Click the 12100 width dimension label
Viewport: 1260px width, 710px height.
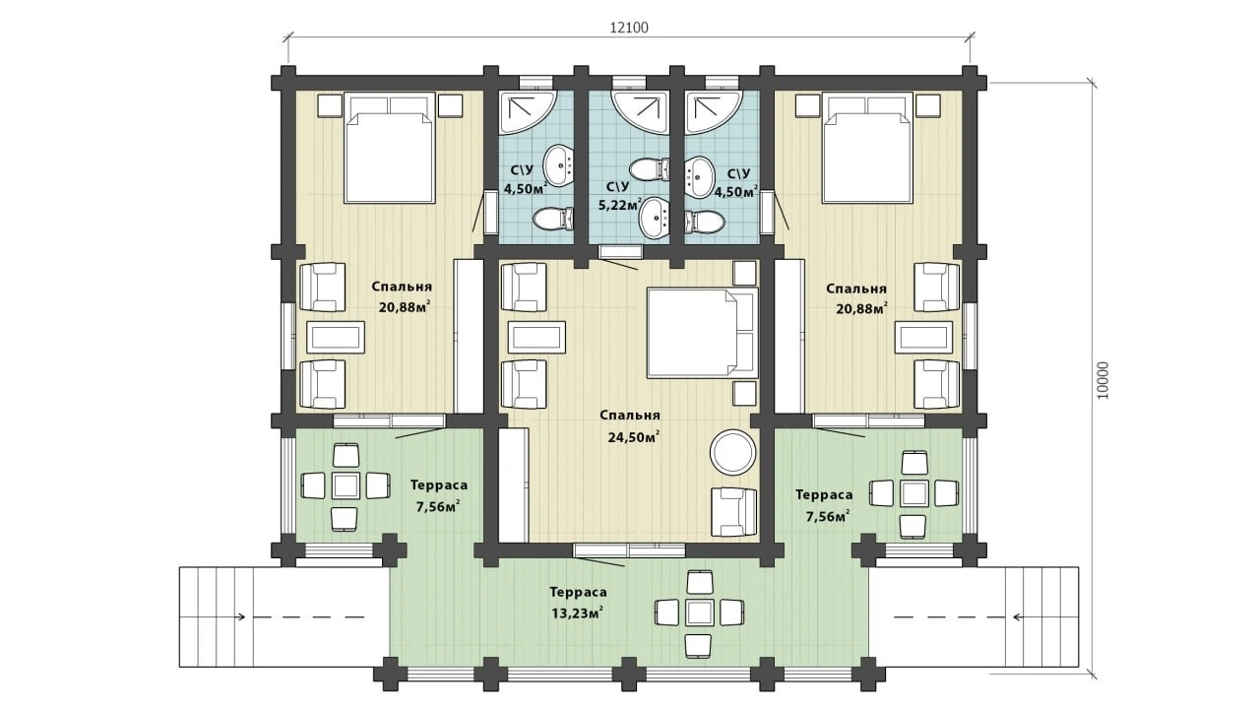tap(629, 28)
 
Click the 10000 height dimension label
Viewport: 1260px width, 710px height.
tap(1103, 380)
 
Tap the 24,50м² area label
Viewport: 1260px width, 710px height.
tap(633, 437)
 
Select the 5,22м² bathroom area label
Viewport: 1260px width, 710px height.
tap(620, 205)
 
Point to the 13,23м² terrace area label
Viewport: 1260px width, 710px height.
tap(578, 613)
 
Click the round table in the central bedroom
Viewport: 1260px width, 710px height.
tap(732, 452)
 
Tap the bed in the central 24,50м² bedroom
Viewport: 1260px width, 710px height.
tap(703, 333)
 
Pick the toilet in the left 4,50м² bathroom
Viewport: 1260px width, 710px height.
tap(553, 219)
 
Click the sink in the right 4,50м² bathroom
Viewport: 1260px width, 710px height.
tap(699, 176)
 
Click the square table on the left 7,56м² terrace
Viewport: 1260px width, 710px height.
tap(346, 485)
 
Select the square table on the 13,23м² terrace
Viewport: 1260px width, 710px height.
tap(699, 613)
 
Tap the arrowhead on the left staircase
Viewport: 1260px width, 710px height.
tap(241, 616)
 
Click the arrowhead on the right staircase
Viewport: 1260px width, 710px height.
tap(1017, 616)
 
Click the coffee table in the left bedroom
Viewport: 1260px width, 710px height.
tap(336, 338)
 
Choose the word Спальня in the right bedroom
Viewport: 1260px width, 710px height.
tap(856, 290)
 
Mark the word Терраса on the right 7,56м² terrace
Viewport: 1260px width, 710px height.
tap(824, 495)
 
